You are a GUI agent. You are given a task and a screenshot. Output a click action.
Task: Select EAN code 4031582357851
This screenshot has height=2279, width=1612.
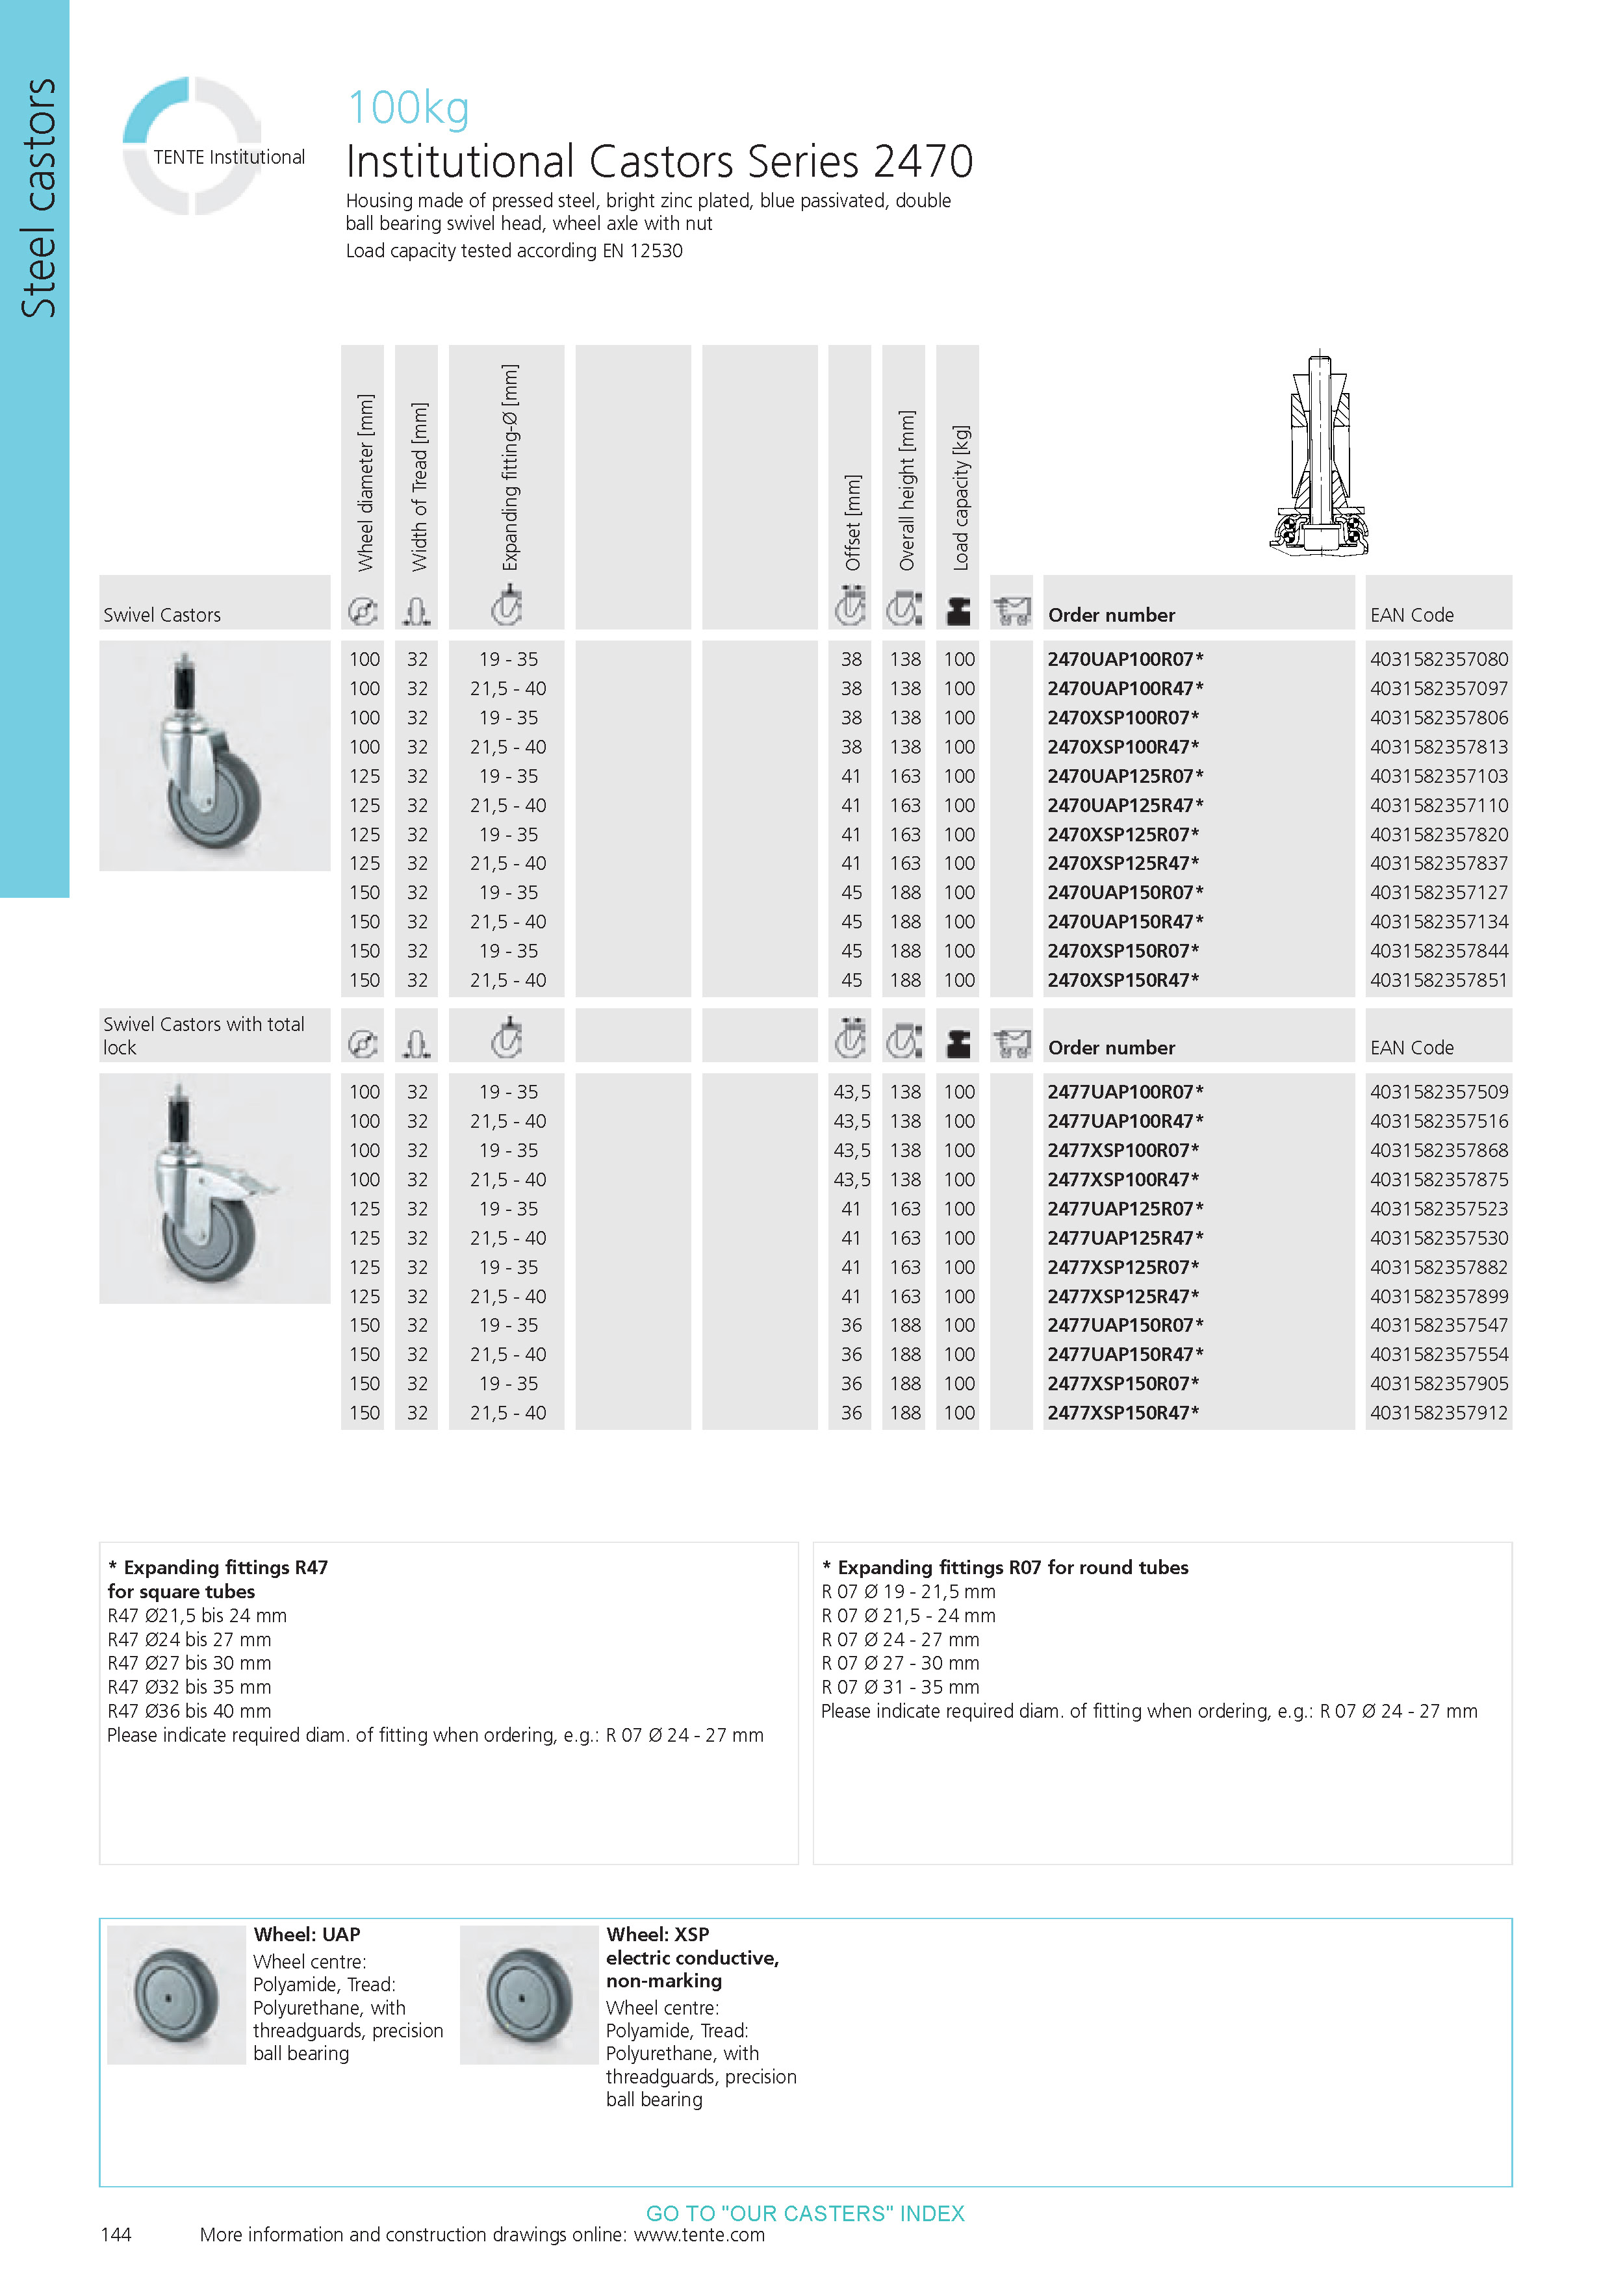pos(1439,981)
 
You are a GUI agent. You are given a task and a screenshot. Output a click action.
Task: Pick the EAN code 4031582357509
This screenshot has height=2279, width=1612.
pos(1439,1092)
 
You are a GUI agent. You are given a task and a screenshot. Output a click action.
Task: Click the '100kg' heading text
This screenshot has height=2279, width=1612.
pos(408,108)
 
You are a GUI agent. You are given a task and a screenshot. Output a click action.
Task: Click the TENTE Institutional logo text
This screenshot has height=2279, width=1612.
pos(228,157)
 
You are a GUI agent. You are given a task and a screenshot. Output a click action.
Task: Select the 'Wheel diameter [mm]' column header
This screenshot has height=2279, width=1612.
pos(365,483)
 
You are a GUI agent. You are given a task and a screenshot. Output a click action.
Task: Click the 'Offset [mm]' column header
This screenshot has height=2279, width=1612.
pos(852,522)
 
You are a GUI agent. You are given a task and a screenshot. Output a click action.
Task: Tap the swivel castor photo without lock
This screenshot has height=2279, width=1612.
pos(214,756)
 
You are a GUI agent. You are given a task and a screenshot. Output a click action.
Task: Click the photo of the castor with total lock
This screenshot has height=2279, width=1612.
pos(214,1188)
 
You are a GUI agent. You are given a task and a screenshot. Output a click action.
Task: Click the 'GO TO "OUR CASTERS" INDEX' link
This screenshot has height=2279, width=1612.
pos(805,2213)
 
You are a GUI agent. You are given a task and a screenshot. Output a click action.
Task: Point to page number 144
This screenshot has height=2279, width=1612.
pos(116,2234)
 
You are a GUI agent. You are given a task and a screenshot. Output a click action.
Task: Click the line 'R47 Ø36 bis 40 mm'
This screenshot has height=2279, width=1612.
pos(188,1711)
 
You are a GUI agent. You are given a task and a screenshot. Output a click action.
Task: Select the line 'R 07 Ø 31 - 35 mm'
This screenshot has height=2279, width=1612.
pos(899,1687)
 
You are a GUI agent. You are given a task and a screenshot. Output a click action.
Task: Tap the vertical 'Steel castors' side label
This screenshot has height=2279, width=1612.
pos(38,199)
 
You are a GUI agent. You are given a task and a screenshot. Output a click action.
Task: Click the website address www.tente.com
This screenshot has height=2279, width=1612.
pos(699,2234)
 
